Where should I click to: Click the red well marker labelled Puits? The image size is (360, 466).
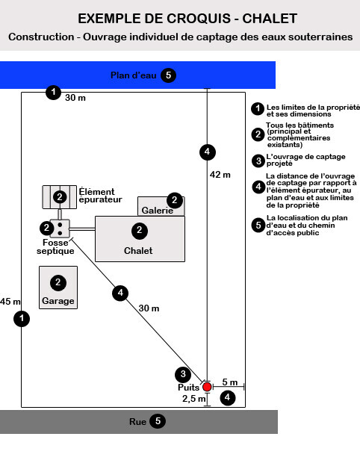click(x=207, y=387)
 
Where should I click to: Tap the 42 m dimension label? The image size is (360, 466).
click(x=220, y=175)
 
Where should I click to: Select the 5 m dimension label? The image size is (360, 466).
click(x=230, y=382)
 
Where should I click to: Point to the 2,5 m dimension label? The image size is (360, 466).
click(x=194, y=399)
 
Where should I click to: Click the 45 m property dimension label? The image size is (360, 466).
click(x=10, y=302)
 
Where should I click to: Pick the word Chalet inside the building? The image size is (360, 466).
click(x=138, y=250)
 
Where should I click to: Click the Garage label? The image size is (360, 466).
click(x=58, y=301)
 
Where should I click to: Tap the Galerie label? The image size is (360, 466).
click(x=158, y=211)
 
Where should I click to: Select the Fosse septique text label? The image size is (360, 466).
click(x=55, y=246)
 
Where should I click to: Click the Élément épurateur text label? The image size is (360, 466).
click(x=101, y=195)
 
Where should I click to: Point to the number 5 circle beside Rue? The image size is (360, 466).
click(x=158, y=421)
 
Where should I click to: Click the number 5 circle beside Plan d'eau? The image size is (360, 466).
click(x=168, y=75)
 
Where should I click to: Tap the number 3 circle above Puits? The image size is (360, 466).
click(x=183, y=374)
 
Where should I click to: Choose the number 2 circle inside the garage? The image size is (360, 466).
click(x=58, y=282)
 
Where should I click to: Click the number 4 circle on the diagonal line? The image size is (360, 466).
click(x=120, y=293)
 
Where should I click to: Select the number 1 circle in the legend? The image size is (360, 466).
click(x=258, y=109)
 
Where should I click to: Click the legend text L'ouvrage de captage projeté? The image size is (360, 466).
click(x=305, y=160)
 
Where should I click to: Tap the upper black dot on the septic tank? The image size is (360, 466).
click(x=60, y=225)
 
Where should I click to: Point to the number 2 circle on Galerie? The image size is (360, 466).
click(x=175, y=200)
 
